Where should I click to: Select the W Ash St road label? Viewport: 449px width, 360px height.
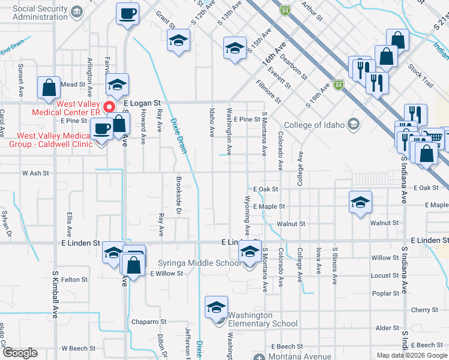pyautogui.click(x=35, y=173)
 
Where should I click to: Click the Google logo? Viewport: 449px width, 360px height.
pyautogui.click(x=20, y=353)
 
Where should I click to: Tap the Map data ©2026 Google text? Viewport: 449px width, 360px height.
pyautogui.click(x=412, y=355)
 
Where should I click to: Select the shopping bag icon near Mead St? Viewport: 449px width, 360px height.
pyautogui.click(x=48, y=88)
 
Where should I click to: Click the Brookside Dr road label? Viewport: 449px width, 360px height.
pyautogui.click(x=178, y=196)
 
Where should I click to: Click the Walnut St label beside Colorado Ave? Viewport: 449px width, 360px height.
pyautogui.click(x=291, y=224)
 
